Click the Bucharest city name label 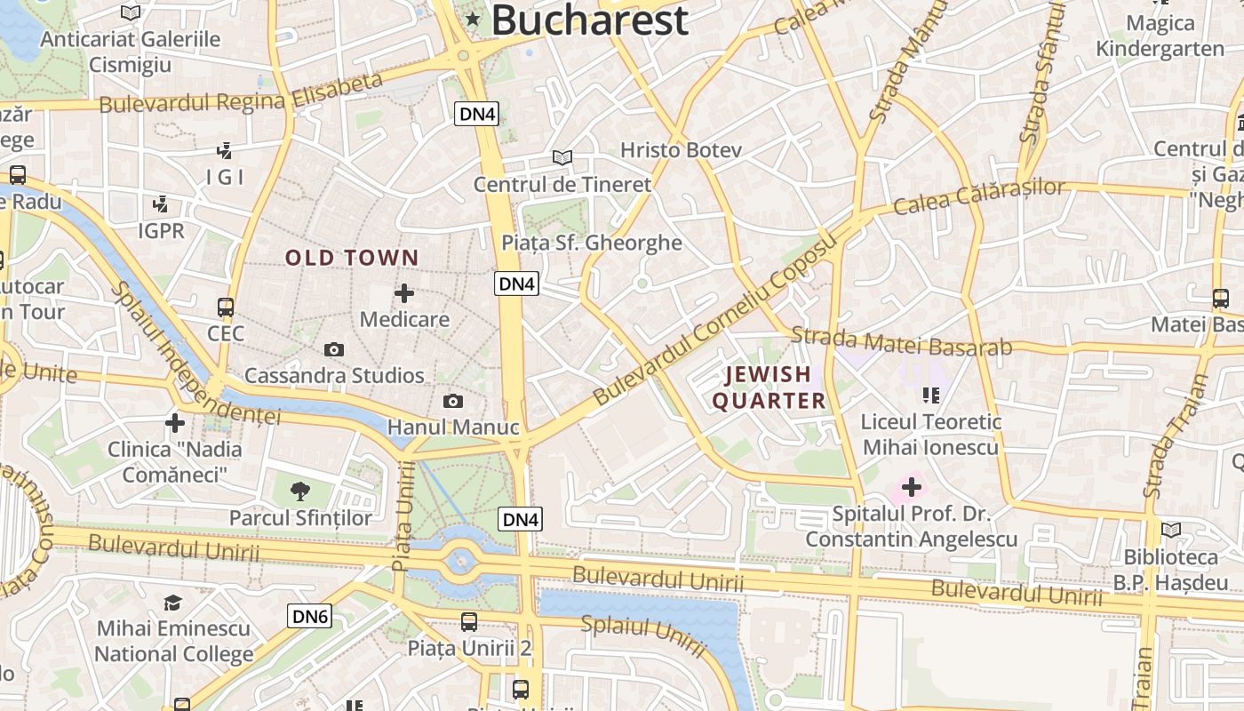[590, 20]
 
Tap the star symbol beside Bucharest [472, 18]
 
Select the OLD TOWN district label [352, 258]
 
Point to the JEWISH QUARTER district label [769, 387]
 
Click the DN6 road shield [309, 616]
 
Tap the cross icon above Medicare [404, 292]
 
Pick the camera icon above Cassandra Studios [334, 349]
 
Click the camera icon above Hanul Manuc [453, 401]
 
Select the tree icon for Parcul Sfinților [300, 491]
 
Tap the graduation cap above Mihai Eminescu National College [173, 603]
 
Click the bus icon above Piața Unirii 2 [469, 622]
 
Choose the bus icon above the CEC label [226, 308]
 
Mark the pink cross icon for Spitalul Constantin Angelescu [911, 487]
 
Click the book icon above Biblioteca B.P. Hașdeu [1171, 530]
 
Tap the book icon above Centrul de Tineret [562, 157]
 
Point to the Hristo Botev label [681, 150]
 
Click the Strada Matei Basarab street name [901, 342]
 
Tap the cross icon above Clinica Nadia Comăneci [175, 422]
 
